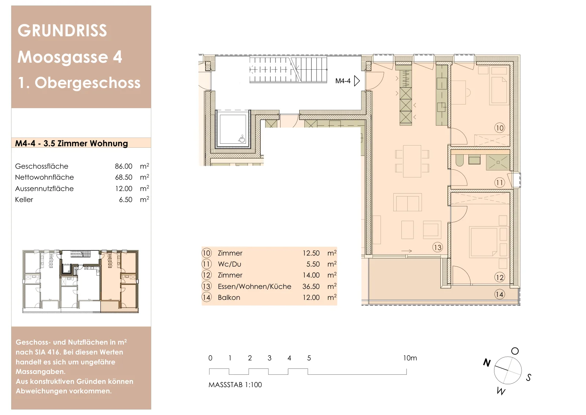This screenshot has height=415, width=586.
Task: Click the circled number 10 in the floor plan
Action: [x=500, y=128]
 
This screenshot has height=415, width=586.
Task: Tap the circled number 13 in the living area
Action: [x=437, y=247]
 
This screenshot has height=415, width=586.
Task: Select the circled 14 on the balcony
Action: [x=500, y=294]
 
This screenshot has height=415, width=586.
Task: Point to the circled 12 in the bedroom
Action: [x=500, y=278]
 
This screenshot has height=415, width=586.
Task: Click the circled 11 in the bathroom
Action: [x=500, y=183]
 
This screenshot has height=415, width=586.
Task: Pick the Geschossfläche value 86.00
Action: [x=123, y=166]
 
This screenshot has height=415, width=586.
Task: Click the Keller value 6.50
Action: [x=126, y=200]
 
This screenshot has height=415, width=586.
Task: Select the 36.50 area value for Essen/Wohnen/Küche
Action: [x=311, y=286]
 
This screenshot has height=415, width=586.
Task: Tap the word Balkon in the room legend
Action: [x=229, y=297]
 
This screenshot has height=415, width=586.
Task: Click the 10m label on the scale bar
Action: [x=410, y=358]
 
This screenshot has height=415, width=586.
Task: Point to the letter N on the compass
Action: [x=487, y=363]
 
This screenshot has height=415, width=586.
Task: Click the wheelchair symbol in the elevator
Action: [x=241, y=139]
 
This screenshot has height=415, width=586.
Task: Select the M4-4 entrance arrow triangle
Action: [x=357, y=81]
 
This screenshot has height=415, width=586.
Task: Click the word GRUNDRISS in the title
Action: [x=62, y=30]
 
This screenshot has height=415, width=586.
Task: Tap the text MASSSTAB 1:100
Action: [x=235, y=385]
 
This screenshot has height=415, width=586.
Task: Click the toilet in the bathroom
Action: [x=459, y=161]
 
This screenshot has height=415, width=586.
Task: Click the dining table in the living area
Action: [x=412, y=161]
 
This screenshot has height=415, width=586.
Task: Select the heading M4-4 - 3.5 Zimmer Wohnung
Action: [x=71, y=143]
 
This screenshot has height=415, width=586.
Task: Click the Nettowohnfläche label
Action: [x=44, y=177]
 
